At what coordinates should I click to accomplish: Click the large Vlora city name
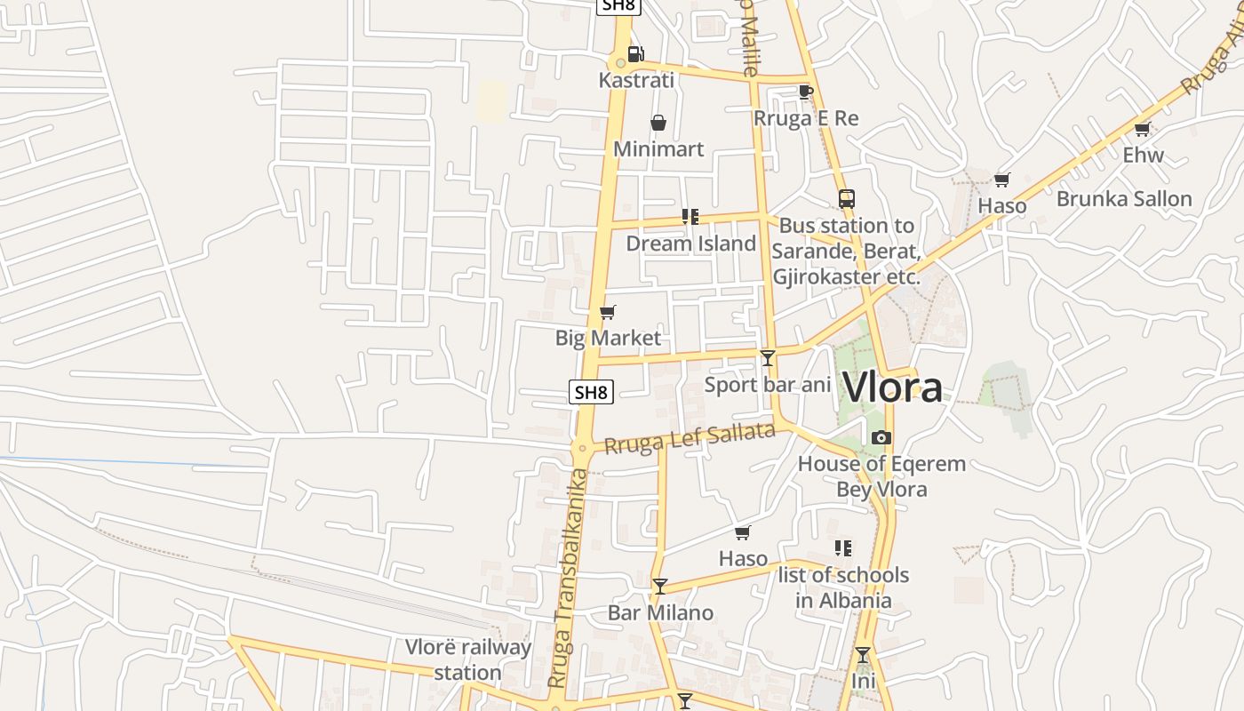pos(892,387)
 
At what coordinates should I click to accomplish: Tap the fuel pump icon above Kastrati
pos(635,53)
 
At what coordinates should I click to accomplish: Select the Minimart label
pos(658,148)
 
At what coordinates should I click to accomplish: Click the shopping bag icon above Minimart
pos(658,123)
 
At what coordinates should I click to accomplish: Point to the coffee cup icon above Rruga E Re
pos(806,92)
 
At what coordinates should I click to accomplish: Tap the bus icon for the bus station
pos(846,199)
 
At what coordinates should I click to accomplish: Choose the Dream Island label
pos(691,243)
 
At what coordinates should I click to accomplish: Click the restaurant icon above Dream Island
pos(690,217)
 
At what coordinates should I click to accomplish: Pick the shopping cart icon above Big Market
pos(608,312)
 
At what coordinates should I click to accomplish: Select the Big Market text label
pos(608,338)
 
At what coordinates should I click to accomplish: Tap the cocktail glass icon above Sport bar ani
pos(768,358)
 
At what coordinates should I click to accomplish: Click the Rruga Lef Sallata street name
pos(690,438)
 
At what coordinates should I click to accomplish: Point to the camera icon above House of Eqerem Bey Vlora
pos(881,437)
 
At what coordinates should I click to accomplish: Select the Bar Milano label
pos(660,612)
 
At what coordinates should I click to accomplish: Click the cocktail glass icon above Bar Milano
pos(660,586)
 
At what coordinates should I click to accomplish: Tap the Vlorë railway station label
pos(468,659)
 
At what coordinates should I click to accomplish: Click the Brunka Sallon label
pos(1124,198)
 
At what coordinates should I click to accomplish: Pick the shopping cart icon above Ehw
pos(1143,129)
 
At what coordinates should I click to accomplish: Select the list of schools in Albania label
pos(843,587)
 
